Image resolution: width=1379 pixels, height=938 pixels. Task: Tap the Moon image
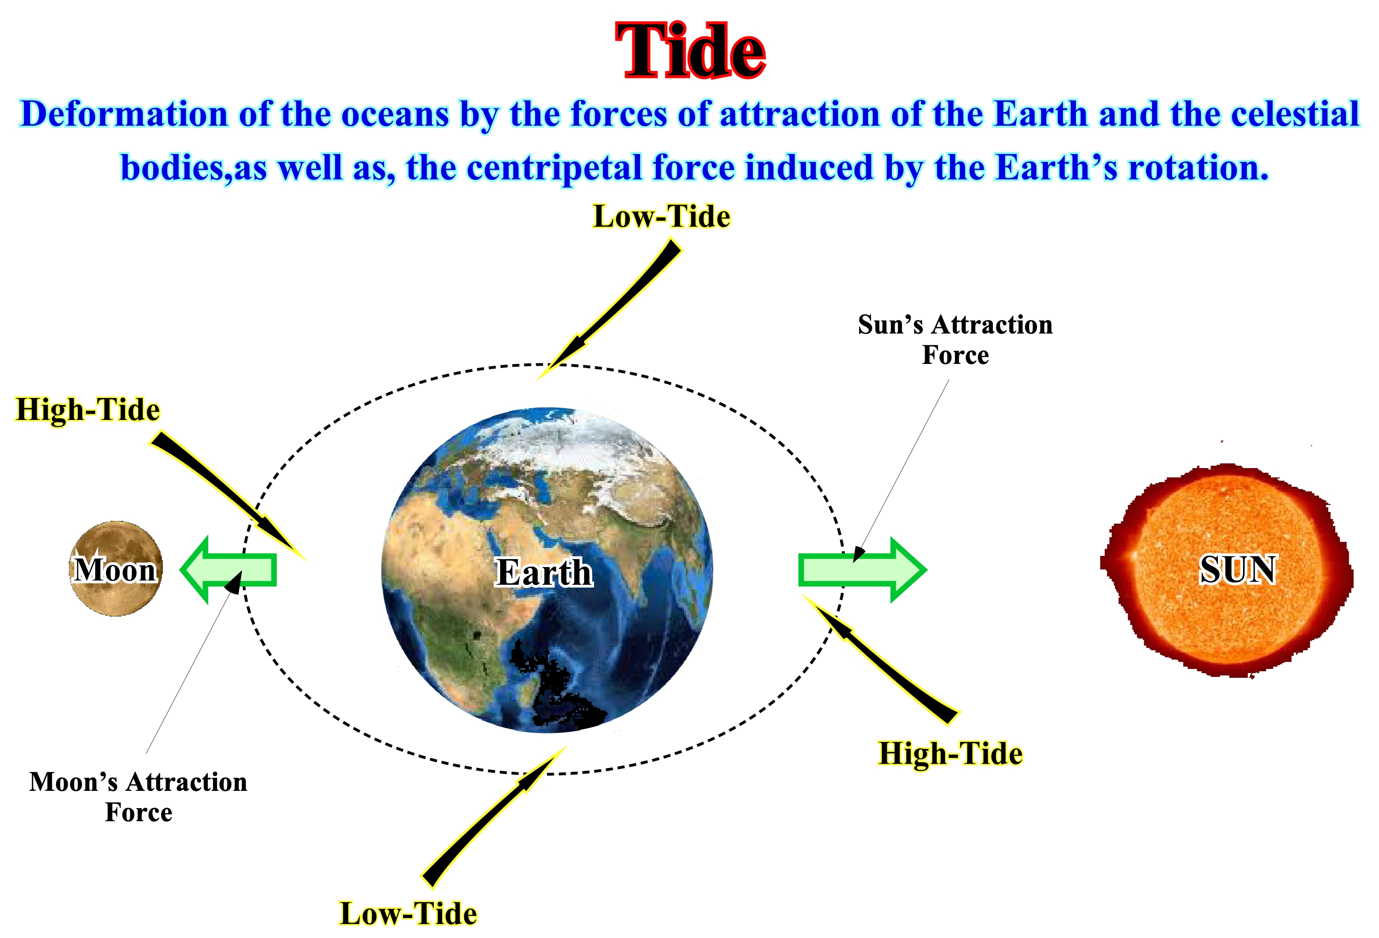[x=116, y=569]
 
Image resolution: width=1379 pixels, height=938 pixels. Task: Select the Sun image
[x=1226, y=570]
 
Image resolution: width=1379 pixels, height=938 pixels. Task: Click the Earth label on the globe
[x=544, y=572]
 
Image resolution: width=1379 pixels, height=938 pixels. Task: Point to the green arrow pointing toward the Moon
[x=228, y=570]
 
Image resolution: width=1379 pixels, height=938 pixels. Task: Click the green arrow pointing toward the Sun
[x=862, y=570]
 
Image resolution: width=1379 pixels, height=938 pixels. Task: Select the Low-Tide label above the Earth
[x=662, y=216]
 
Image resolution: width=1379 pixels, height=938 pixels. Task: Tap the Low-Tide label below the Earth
[x=408, y=913]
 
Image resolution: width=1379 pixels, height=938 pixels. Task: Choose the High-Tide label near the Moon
[x=88, y=410]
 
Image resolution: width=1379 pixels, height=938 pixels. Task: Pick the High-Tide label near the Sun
[x=951, y=754]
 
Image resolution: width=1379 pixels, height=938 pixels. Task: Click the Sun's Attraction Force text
[x=955, y=340]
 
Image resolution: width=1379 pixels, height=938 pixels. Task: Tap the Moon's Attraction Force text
[x=138, y=797]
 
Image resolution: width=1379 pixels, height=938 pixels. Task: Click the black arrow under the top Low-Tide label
[x=609, y=308]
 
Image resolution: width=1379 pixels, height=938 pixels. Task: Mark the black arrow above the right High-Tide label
[x=881, y=660]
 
